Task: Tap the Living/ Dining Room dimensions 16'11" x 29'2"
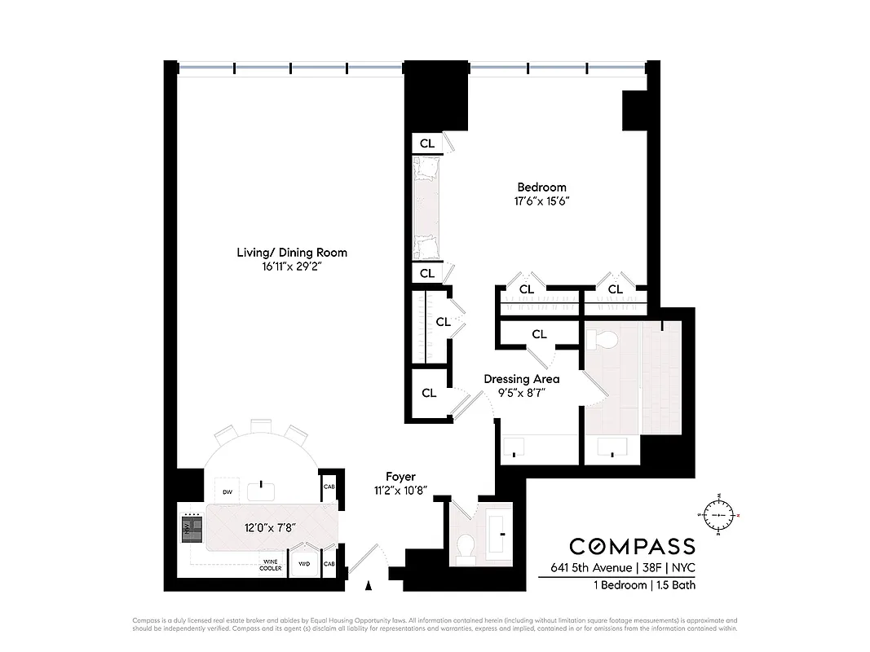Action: [292, 267]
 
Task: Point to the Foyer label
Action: [400, 477]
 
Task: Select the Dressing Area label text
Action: [521, 379]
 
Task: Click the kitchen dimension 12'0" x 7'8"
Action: [270, 527]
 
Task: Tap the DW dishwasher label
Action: [228, 492]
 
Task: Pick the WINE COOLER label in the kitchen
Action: [272, 564]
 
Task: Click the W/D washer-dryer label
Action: [304, 564]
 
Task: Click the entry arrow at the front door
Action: [369, 584]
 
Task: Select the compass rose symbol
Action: [718, 515]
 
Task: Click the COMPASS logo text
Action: [632, 546]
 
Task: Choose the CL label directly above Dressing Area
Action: [539, 334]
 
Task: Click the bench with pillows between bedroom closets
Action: [426, 207]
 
